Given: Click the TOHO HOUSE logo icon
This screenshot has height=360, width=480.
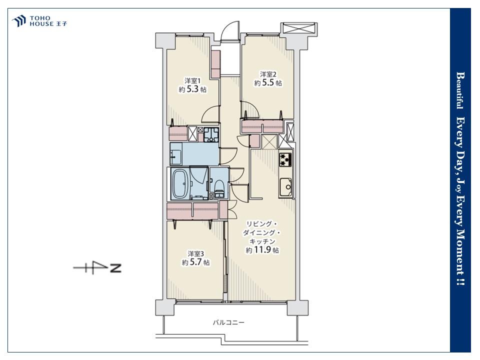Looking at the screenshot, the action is point(18,21).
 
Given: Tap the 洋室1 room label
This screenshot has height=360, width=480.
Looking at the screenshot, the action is point(192,81).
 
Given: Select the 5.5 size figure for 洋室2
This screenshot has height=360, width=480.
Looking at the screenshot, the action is point(268,82).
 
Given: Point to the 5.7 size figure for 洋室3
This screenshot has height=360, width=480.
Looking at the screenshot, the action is point(195,262).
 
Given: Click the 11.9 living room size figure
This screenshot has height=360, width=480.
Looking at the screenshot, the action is point(262,250).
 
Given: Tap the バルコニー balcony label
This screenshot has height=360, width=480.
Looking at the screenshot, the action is point(228,322).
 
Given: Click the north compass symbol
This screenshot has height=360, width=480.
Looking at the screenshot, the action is point(97,268).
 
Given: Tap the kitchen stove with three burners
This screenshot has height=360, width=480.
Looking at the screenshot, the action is point(285,159).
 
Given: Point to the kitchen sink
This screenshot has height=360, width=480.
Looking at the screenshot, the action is point(286,186).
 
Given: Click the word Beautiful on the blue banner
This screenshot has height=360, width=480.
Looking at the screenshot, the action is point(460,90).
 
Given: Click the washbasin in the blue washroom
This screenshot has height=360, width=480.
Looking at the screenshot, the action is point(175,154).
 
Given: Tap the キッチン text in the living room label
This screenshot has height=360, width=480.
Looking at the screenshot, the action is point(262,241).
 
